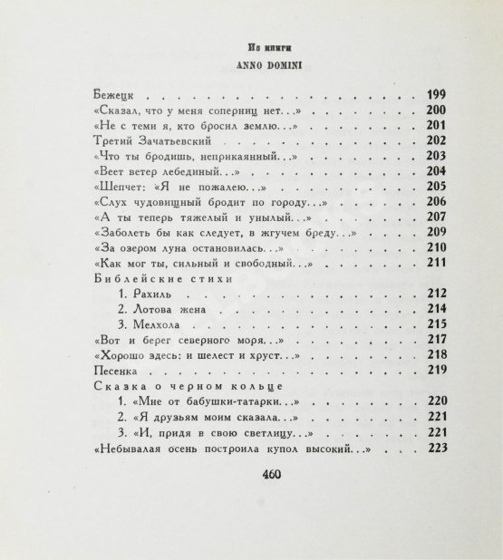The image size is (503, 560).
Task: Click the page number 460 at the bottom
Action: (x=272, y=499)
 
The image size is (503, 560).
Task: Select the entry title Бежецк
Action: (x=115, y=94)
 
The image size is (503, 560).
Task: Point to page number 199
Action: (x=438, y=94)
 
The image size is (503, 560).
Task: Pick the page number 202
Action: (x=438, y=140)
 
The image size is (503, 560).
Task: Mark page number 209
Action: (x=438, y=233)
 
